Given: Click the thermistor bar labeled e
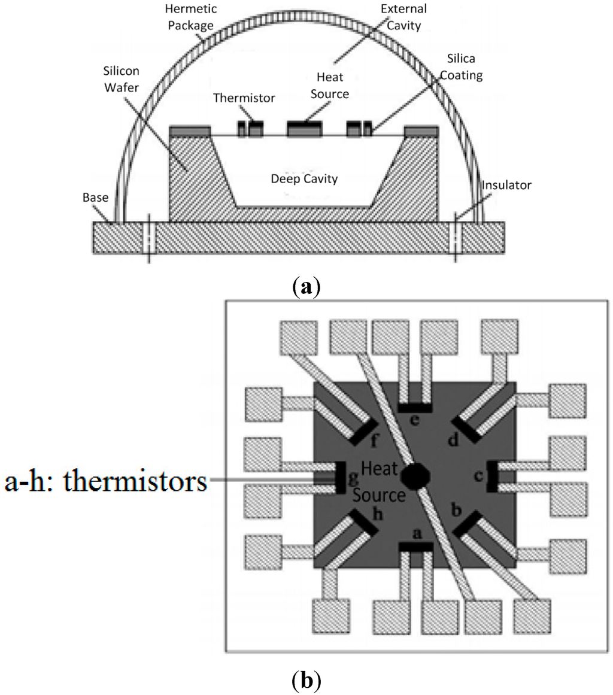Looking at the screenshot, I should pyautogui.click(x=415, y=408).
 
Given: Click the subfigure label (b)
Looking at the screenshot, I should pyautogui.click(x=305, y=681).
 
